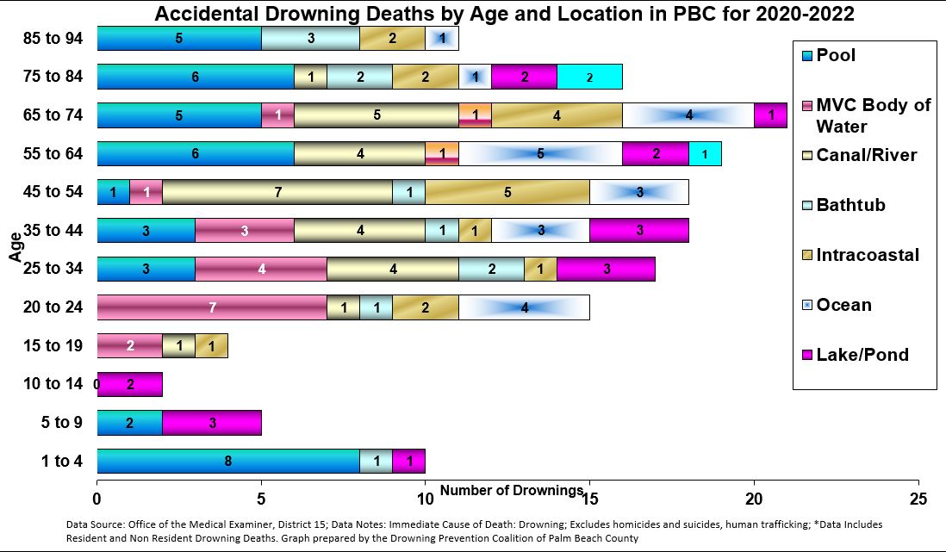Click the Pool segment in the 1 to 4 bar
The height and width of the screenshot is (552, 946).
point(227,461)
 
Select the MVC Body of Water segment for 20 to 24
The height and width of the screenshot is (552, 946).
point(211,307)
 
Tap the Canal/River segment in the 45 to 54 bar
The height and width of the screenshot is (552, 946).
point(277,192)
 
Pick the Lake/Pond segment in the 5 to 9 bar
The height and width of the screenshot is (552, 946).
point(211,423)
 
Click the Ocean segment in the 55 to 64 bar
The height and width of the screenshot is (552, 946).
point(539,153)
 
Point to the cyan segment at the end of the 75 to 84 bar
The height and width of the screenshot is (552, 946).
point(589,77)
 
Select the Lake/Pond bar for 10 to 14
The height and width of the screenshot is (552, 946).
point(130,384)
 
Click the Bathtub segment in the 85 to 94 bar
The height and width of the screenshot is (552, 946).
point(310,39)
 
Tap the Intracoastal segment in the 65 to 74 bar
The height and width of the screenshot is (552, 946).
point(557,115)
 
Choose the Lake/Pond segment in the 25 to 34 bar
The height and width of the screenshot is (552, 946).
point(606,269)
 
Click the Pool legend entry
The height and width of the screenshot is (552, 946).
point(835,56)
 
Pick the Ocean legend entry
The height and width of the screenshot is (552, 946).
point(843,305)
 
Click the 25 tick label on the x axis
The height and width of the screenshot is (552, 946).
point(918,498)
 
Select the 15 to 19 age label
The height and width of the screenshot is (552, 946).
point(53,345)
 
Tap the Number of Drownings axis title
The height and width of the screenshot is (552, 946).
point(512,491)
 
